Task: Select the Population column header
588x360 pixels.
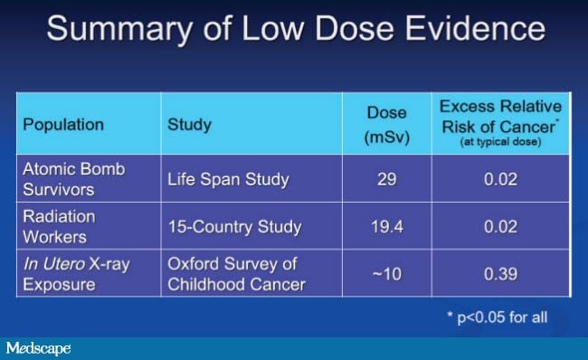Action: tap(63, 124)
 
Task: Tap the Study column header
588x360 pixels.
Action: tap(188, 124)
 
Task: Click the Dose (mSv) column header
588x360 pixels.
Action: tap(386, 124)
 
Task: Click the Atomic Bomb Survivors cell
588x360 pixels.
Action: tap(74, 178)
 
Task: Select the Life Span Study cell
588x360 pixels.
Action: tap(228, 179)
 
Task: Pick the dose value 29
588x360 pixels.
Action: tap(386, 179)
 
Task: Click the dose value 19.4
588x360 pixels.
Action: tap(386, 227)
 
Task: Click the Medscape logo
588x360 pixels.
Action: tap(38, 348)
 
